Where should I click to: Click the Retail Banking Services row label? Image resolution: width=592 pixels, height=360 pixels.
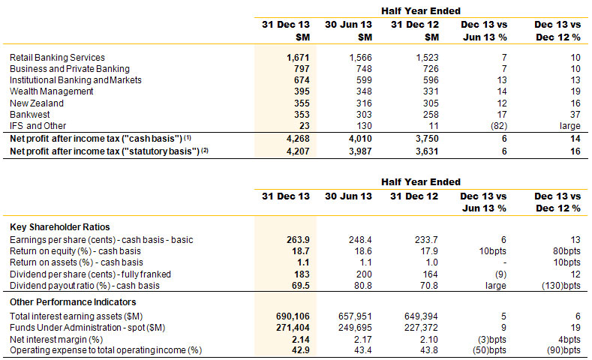pos(57,57)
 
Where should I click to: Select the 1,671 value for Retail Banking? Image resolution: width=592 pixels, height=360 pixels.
pos(298,57)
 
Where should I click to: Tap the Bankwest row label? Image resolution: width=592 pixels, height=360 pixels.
pos(30,114)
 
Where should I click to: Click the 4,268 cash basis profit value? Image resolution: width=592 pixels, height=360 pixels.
pos(298,139)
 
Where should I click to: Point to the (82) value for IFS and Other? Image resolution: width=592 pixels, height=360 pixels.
pos(499,126)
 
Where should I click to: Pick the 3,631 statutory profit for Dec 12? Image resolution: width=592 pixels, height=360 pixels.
pos(427,151)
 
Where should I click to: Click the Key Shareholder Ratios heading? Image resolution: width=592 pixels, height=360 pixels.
pos(60,226)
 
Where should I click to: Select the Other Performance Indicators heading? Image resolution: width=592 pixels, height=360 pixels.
pos(73,302)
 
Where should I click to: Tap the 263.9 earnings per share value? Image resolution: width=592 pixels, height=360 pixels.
pos(298,239)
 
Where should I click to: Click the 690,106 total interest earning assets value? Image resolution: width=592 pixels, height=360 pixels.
pos(293,316)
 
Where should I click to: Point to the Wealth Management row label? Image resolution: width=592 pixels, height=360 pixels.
pos(51,91)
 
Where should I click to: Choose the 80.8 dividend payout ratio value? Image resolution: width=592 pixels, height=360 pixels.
pos(363,286)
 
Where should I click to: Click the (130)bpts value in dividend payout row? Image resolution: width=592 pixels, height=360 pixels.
pos(561,286)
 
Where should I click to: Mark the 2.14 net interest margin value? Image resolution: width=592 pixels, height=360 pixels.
pos(301,339)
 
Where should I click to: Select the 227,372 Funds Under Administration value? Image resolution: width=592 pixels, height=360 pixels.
pos(421,328)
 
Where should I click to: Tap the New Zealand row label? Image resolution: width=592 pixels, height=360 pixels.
pos(37,103)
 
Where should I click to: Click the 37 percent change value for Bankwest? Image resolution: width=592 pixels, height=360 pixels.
pos(575,114)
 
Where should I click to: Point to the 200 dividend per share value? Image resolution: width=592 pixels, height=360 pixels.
pos(364,274)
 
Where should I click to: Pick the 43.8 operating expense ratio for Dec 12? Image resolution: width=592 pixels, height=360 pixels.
pos(429,350)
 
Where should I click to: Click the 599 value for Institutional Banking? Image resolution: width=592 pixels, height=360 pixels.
pos(364,80)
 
